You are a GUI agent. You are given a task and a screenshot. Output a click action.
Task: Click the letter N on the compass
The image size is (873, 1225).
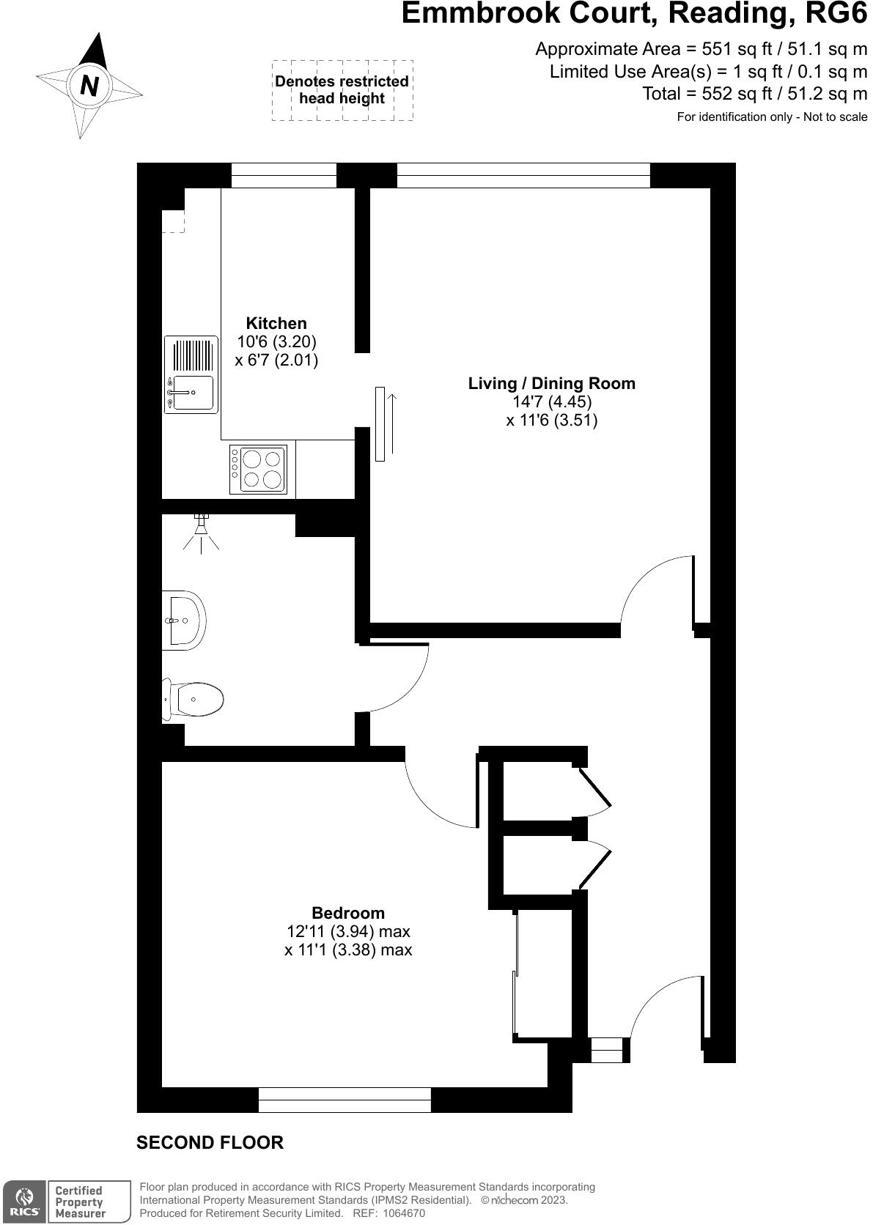[x=89, y=86]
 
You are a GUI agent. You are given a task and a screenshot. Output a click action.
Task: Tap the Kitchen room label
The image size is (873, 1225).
[x=276, y=323]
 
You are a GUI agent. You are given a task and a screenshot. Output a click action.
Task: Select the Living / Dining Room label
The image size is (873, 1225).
[x=551, y=383]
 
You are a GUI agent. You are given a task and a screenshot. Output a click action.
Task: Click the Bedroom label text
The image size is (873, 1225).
[x=348, y=913]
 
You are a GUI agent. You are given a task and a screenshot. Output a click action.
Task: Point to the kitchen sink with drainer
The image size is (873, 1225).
[x=191, y=374]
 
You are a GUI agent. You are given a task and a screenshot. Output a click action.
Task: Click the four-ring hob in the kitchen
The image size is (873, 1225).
[x=258, y=469]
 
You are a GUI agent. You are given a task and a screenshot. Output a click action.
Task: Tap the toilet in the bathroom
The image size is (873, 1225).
[x=194, y=700]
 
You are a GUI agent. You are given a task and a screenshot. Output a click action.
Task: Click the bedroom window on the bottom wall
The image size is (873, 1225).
[x=345, y=1100]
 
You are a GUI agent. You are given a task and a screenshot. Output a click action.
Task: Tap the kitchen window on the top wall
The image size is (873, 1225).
[x=284, y=175]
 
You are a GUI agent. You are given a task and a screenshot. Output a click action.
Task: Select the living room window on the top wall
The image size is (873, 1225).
[x=523, y=175]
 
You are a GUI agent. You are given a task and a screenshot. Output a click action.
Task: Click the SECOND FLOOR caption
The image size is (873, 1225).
[x=210, y=1142]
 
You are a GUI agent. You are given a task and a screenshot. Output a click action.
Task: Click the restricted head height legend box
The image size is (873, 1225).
[x=342, y=90]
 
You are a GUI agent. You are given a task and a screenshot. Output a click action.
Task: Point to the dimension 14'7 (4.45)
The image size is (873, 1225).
[x=551, y=401]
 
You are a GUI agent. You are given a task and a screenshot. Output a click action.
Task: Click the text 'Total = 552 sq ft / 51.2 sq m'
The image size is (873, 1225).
[x=754, y=94]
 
